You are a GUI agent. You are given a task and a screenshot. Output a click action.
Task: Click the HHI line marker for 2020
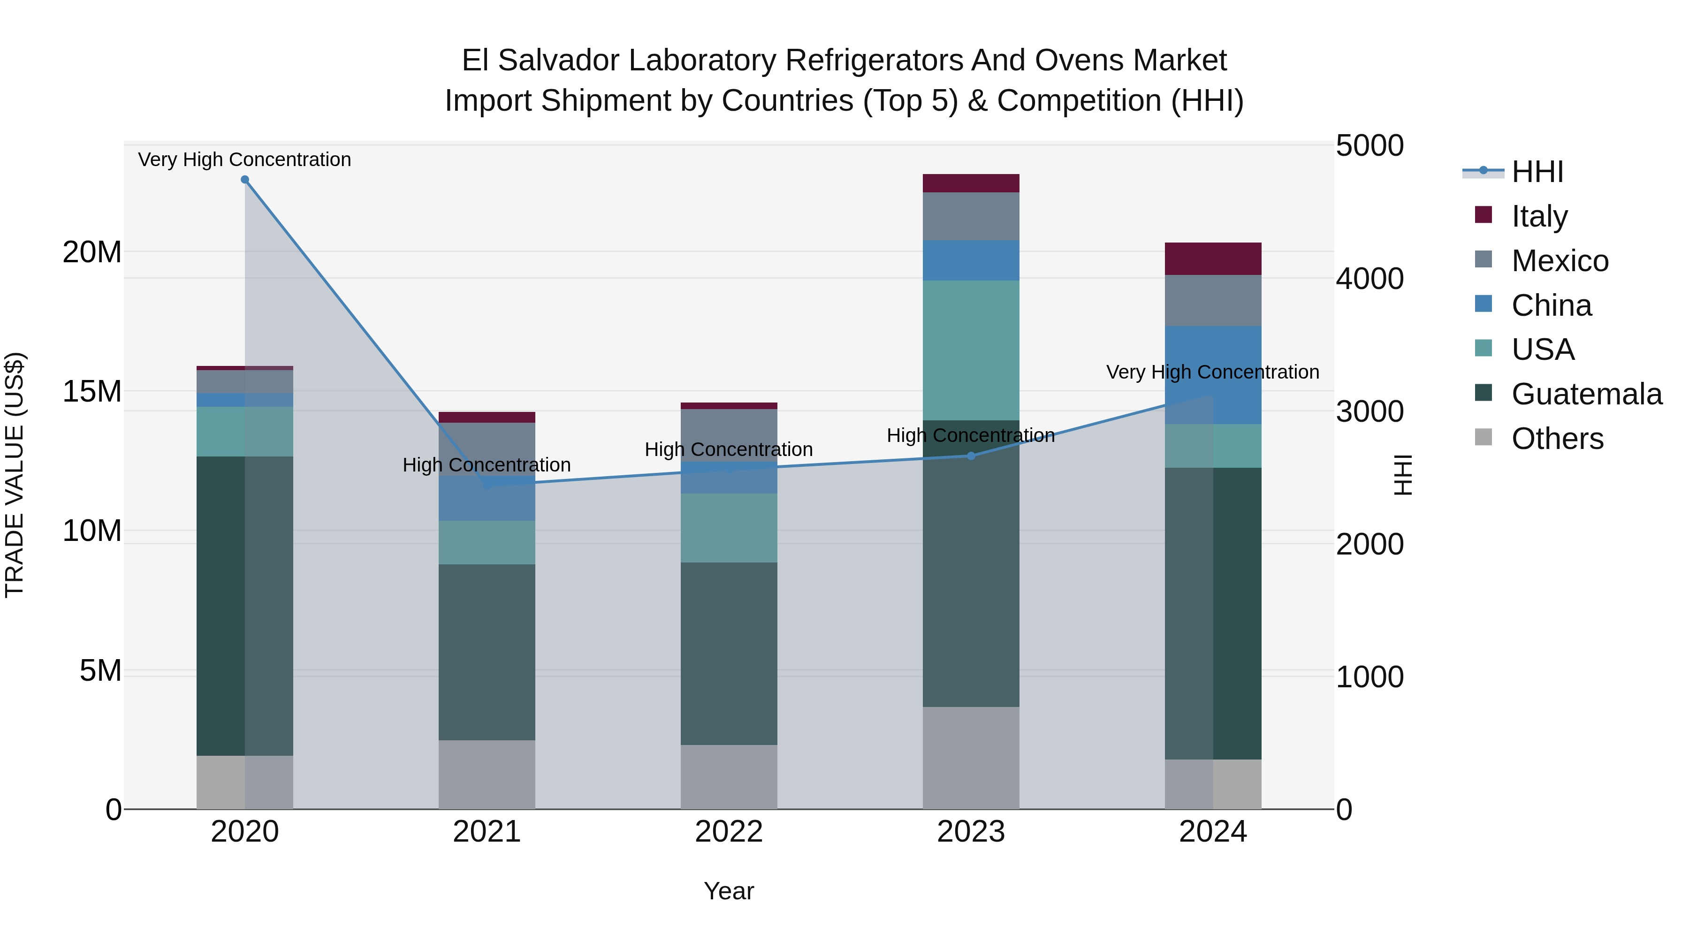click(244, 180)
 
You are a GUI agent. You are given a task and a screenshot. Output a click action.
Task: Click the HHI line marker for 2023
click(971, 456)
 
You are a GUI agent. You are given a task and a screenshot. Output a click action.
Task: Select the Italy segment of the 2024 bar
click(1213, 259)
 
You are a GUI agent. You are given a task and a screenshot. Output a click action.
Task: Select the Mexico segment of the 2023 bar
click(971, 216)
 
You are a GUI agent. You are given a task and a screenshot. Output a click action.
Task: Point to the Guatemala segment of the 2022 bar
click(729, 654)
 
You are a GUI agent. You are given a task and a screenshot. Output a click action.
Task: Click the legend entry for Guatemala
click(1586, 394)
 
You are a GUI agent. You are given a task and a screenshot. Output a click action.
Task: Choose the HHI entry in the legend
click(1537, 172)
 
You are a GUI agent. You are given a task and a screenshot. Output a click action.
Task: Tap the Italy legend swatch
click(1483, 215)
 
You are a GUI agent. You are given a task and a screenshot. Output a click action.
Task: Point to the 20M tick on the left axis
click(92, 252)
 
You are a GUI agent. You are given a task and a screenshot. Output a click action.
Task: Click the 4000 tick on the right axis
click(1369, 279)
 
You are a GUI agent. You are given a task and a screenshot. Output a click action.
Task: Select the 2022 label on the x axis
click(729, 832)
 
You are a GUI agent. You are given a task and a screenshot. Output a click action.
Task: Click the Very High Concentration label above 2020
click(244, 160)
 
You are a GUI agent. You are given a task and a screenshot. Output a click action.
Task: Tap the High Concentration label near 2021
click(487, 465)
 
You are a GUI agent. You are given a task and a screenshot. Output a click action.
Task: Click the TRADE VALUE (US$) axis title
click(15, 475)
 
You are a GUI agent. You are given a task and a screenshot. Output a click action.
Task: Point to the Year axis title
click(729, 891)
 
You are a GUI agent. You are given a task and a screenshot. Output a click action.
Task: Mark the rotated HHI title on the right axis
click(1402, 475)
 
